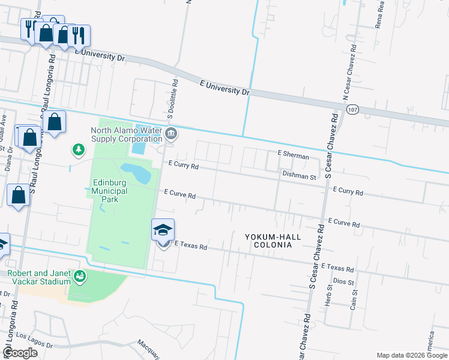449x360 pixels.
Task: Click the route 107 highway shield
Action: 352,108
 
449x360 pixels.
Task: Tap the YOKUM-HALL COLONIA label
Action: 273,241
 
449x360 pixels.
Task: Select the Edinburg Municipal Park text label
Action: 110,191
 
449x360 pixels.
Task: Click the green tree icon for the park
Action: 77,149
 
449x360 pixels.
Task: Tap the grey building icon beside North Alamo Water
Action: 171,134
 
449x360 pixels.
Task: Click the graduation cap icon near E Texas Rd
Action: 163,229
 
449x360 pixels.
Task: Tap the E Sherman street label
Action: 293,155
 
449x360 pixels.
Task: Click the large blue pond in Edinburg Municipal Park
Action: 136,173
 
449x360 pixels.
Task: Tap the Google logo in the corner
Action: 20,353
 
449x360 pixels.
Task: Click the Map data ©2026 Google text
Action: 411,355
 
